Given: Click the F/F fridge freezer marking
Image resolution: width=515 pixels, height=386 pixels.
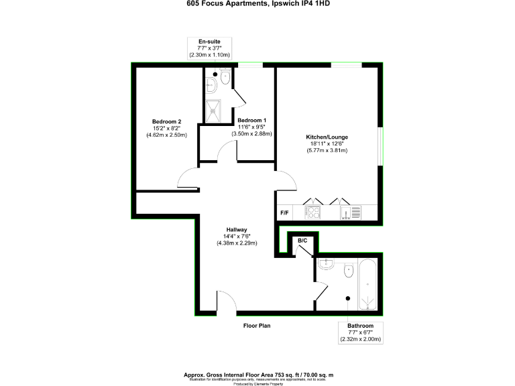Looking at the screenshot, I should coord(285,212).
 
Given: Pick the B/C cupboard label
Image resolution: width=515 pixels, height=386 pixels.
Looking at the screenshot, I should coord(302,241).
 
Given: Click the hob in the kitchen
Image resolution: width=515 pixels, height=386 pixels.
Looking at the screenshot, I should coord(313,212).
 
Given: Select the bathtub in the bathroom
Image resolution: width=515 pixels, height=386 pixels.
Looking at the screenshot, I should coord(369,286).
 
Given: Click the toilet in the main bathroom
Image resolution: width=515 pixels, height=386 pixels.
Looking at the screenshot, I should coord(348,270).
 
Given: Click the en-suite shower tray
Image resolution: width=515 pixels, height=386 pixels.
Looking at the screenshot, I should coord(215,111).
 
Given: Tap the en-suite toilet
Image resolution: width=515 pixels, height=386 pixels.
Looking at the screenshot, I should coord(225,80).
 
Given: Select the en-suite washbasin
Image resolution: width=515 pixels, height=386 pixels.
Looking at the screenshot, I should coord(210,84).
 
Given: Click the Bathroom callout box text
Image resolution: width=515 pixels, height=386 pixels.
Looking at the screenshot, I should coord(360,332).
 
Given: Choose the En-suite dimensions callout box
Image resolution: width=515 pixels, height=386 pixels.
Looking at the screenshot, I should coord(214,48).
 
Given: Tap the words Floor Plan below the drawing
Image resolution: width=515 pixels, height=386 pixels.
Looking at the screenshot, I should coord(257,326).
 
